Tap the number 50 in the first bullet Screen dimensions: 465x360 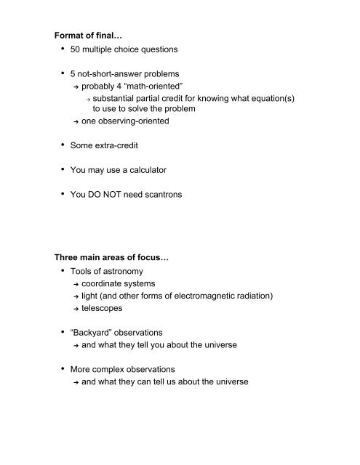tap(77, 51)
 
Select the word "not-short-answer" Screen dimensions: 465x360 tap(116, 76)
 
